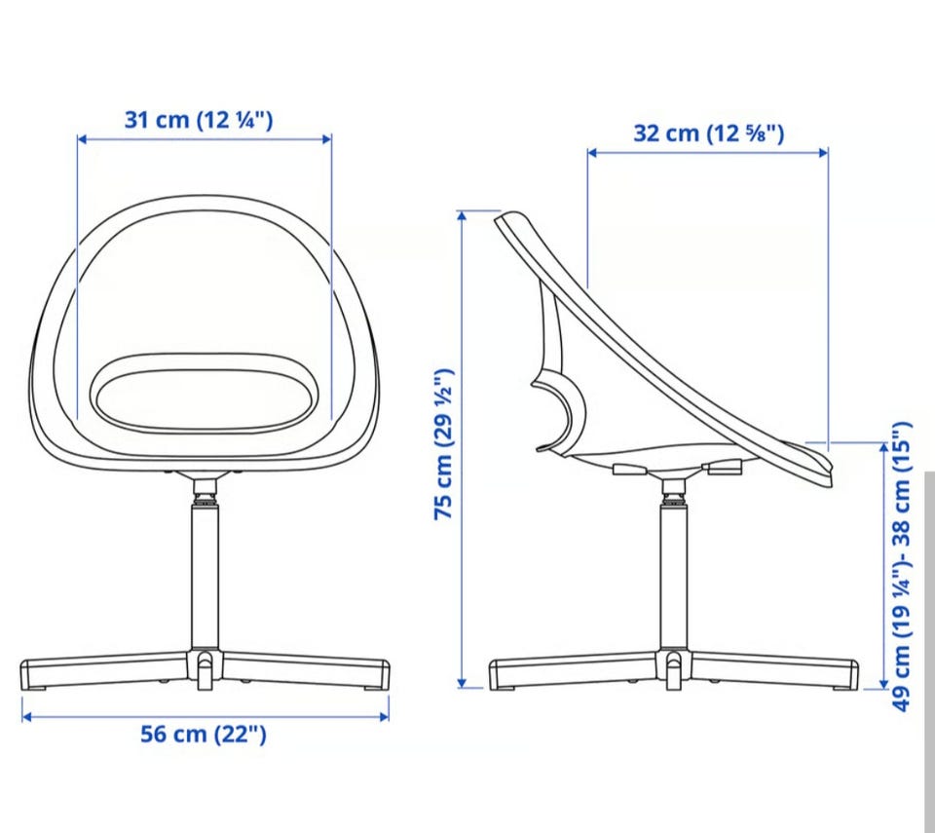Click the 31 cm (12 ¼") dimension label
[199, 120]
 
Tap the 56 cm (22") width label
[204, 734]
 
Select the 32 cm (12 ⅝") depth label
[708, 133]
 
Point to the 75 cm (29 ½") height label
[444, 444]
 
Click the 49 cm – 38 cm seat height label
[902, 566]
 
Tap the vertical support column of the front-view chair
[204, 576]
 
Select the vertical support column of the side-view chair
[673, 576]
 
